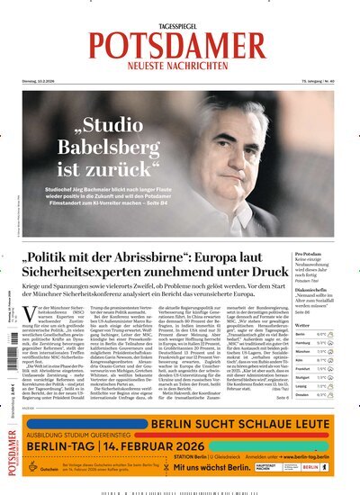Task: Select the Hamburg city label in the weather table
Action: (301, 344)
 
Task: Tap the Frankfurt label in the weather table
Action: (301, 369)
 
